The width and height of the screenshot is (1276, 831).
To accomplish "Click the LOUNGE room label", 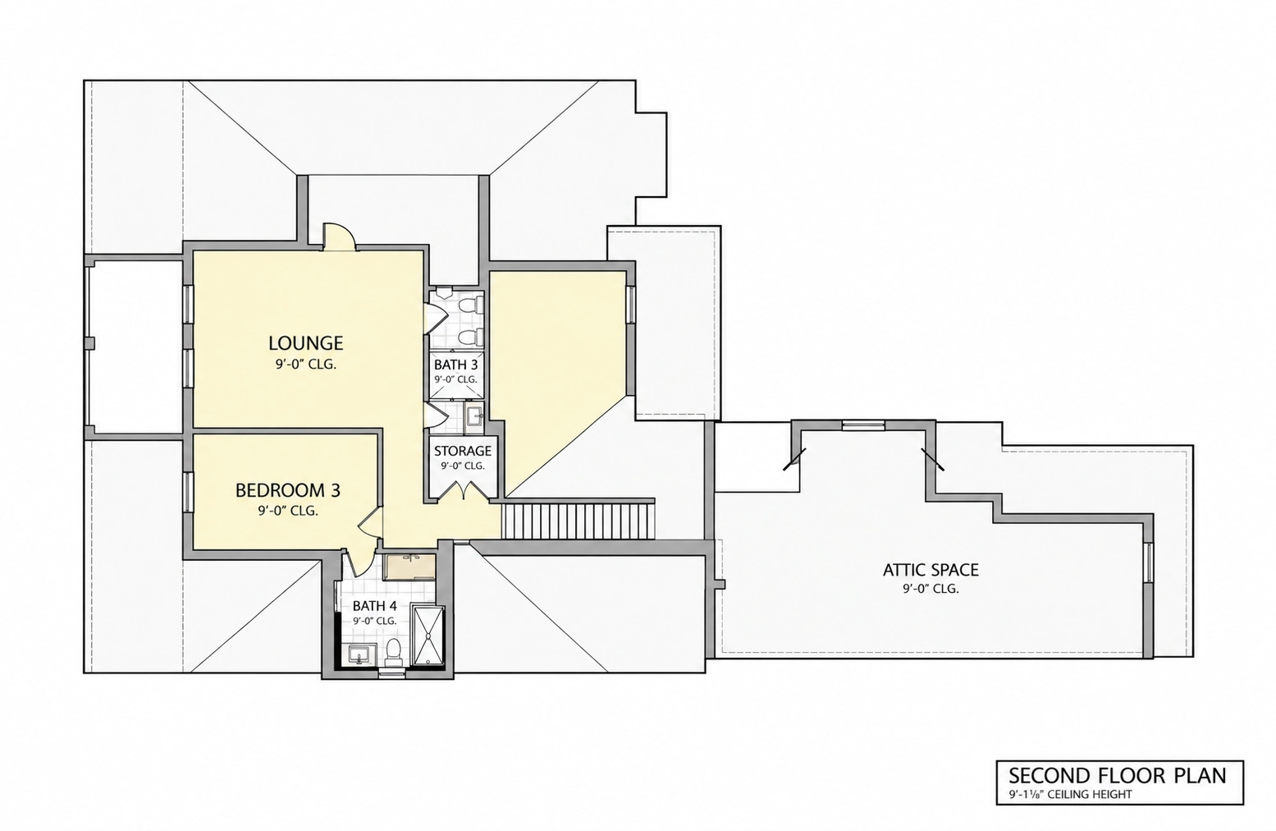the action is (x=306, y=343).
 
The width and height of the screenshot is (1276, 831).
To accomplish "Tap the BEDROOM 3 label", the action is (x=288, y=490).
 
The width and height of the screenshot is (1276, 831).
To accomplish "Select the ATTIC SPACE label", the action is (x=931, y=570).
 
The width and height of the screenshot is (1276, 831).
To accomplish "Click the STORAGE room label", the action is (x=463, y=451).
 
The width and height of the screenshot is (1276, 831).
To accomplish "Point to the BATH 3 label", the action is (x=455, y=365).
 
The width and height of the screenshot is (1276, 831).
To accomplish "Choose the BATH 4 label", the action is (x=374, y=606).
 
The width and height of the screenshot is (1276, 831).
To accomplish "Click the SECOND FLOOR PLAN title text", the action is (x=1118, y=776).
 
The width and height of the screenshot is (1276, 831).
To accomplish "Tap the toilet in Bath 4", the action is (x=393, y=653).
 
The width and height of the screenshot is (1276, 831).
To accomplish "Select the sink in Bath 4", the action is (x=360, y=655).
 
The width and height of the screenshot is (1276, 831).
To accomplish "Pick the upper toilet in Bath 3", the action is (x=471, y=306).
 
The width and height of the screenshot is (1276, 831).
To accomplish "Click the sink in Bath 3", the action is (x=474, y=415).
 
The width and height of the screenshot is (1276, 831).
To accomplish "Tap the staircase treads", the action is (x=579, y=520).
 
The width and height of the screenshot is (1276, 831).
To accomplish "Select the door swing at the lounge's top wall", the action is (x=339, y=236).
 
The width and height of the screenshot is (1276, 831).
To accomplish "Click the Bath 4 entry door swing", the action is (x=359, y=562).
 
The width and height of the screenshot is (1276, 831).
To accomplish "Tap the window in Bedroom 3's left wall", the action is (x=188, y=491).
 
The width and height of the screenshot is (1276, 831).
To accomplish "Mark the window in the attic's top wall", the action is (x=863, y=425).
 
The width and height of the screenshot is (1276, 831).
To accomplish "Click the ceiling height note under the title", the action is (x=1070, y=795).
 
